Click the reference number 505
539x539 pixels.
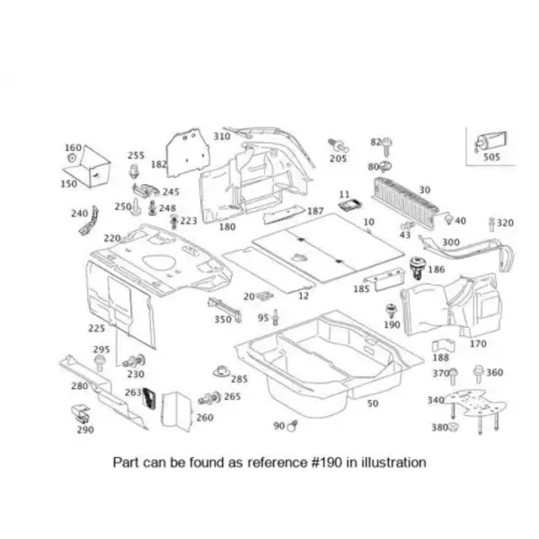tap(492, 156)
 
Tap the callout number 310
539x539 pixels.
tap(221, 136)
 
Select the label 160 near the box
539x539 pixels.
tap(72, 147)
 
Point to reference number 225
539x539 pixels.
tap(96, 328)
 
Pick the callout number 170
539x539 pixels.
tap(478, 343)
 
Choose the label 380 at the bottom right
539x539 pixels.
tap(439, 427)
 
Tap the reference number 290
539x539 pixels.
tap(84, 429)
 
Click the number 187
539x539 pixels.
tap(315, 211)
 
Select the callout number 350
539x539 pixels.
tap(222, 319)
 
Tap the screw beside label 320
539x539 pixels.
tap(490, 222)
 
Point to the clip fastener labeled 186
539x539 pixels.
tap(415, 266)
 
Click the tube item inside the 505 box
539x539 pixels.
tap(490, 140)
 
